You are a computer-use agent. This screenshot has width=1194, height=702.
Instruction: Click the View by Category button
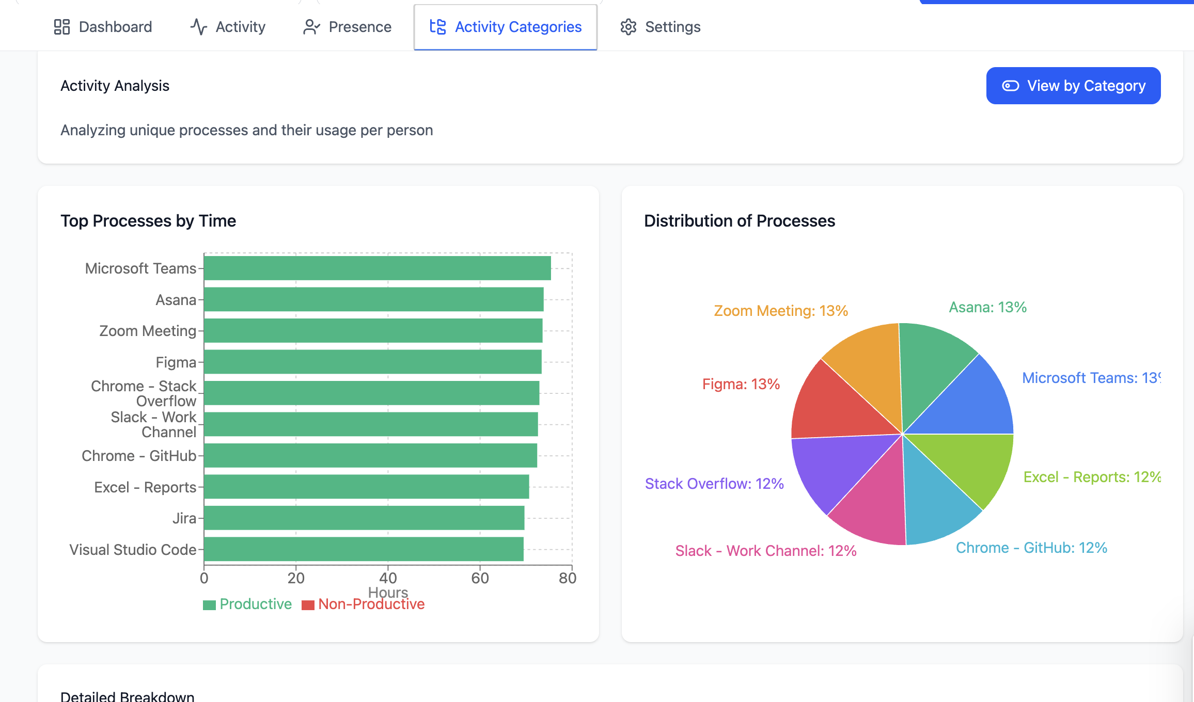click(x=1073, y=86)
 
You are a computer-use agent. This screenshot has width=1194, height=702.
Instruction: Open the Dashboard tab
click(x=103, y=27)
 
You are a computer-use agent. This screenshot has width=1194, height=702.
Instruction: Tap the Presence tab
click(x=348, y=27)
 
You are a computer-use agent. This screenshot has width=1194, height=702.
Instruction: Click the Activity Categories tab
click(x=506, y=27)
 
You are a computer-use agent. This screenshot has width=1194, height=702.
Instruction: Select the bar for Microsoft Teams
click(x=377, y=268)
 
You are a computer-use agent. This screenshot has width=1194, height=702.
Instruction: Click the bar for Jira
click(x=364, y=518)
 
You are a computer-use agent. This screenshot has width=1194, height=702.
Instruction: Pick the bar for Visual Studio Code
click(x=364, y=549)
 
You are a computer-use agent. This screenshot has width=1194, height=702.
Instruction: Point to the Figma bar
click(x=372, y=362)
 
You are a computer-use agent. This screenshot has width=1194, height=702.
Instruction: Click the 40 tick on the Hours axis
click(x=388, y=578)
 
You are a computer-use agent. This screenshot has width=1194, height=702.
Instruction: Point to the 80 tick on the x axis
click(x=567, y=578)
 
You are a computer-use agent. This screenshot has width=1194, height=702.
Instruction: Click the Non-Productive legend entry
click(x=364, y=604)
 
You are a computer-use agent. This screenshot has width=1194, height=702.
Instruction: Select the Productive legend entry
click(x=247, y=604)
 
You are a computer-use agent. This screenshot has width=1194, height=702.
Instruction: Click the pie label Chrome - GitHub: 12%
click(x=1031, y=548)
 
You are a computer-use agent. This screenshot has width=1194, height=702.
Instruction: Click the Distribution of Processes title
click(x=739, y=221)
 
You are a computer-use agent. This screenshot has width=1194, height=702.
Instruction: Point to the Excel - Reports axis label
click(x=145, y=487)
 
